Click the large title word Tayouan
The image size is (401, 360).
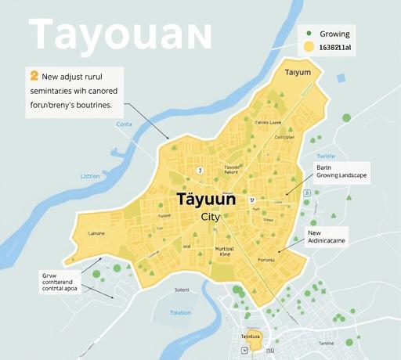(x=119, y=34)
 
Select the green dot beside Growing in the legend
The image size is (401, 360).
(x=309, y=34)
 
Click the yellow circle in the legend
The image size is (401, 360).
(x=309, y=48)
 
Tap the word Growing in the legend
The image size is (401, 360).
(x=334, y=34)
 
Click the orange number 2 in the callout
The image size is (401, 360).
(x=33, y=76)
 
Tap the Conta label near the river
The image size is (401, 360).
(x=125, y=124)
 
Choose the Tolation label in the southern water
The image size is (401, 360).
(x=180, y=312)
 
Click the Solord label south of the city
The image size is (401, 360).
(x=182, y=290)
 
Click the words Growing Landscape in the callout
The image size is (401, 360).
(x=341, y=176)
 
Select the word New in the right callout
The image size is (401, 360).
(x=315, y=232)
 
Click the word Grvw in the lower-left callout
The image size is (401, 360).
(x=49, y=275)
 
